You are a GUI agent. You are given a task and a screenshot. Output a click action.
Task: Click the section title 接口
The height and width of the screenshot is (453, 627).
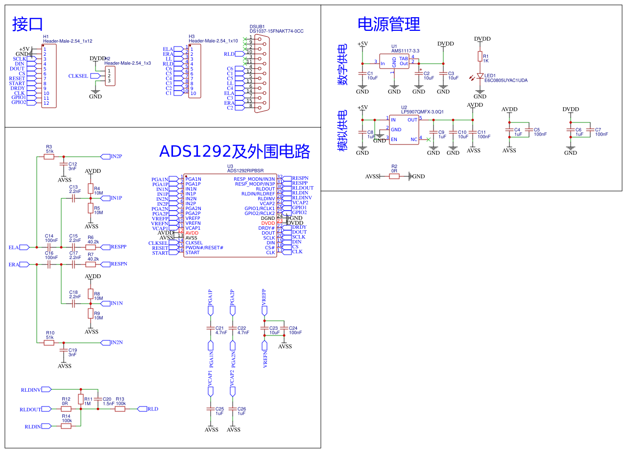pos(28,24)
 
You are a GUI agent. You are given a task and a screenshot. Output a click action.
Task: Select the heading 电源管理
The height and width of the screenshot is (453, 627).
pos(389,24)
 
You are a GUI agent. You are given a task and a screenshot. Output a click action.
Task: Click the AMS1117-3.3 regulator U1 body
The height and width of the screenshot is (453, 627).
pos(394,61)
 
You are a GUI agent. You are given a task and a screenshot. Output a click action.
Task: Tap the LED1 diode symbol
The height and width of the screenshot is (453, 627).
pos(480,76)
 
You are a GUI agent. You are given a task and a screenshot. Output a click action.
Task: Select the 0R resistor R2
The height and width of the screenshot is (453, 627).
pos(394,176)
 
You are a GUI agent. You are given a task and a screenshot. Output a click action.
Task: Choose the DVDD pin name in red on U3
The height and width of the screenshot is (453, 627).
pos(268,223)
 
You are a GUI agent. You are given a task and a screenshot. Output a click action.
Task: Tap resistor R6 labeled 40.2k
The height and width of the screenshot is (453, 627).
pos(91,247)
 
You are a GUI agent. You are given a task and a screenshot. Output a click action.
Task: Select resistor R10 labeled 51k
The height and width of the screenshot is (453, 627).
pos(49,343)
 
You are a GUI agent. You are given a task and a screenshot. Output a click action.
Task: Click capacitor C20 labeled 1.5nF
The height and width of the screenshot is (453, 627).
pos(98,400)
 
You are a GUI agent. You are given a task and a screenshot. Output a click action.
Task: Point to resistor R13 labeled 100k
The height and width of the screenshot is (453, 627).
pos(120,409)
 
